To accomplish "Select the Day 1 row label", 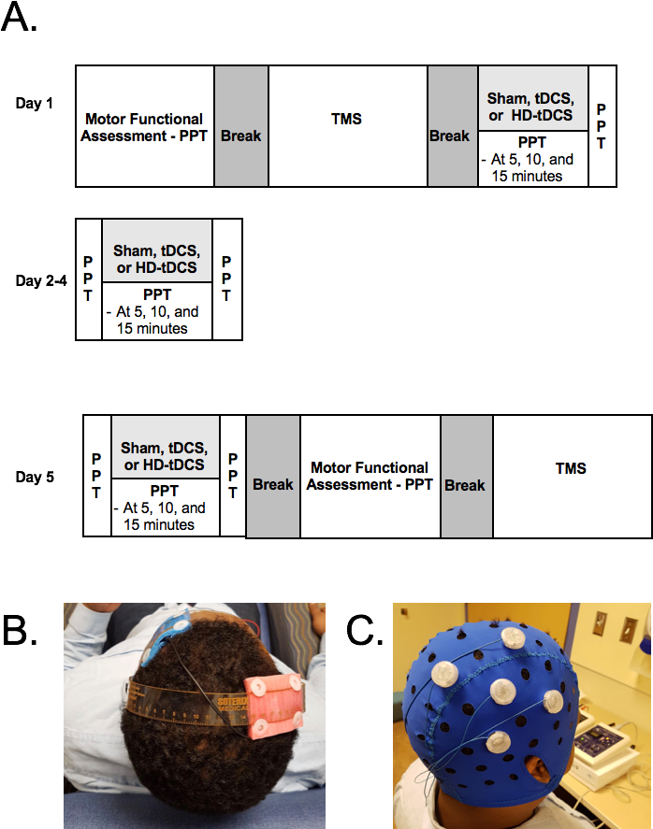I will pos(35,103).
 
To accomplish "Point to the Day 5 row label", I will pos(35,478).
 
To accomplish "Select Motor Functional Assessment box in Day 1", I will pos(144,126).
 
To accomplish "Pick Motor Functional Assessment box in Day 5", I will pos(370,476).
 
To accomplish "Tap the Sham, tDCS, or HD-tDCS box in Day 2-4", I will pos(156,260).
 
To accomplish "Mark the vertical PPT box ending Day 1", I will pos(602,126).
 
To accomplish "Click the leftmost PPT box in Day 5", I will pos(96,476).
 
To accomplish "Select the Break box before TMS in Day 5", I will pos(466,485).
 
